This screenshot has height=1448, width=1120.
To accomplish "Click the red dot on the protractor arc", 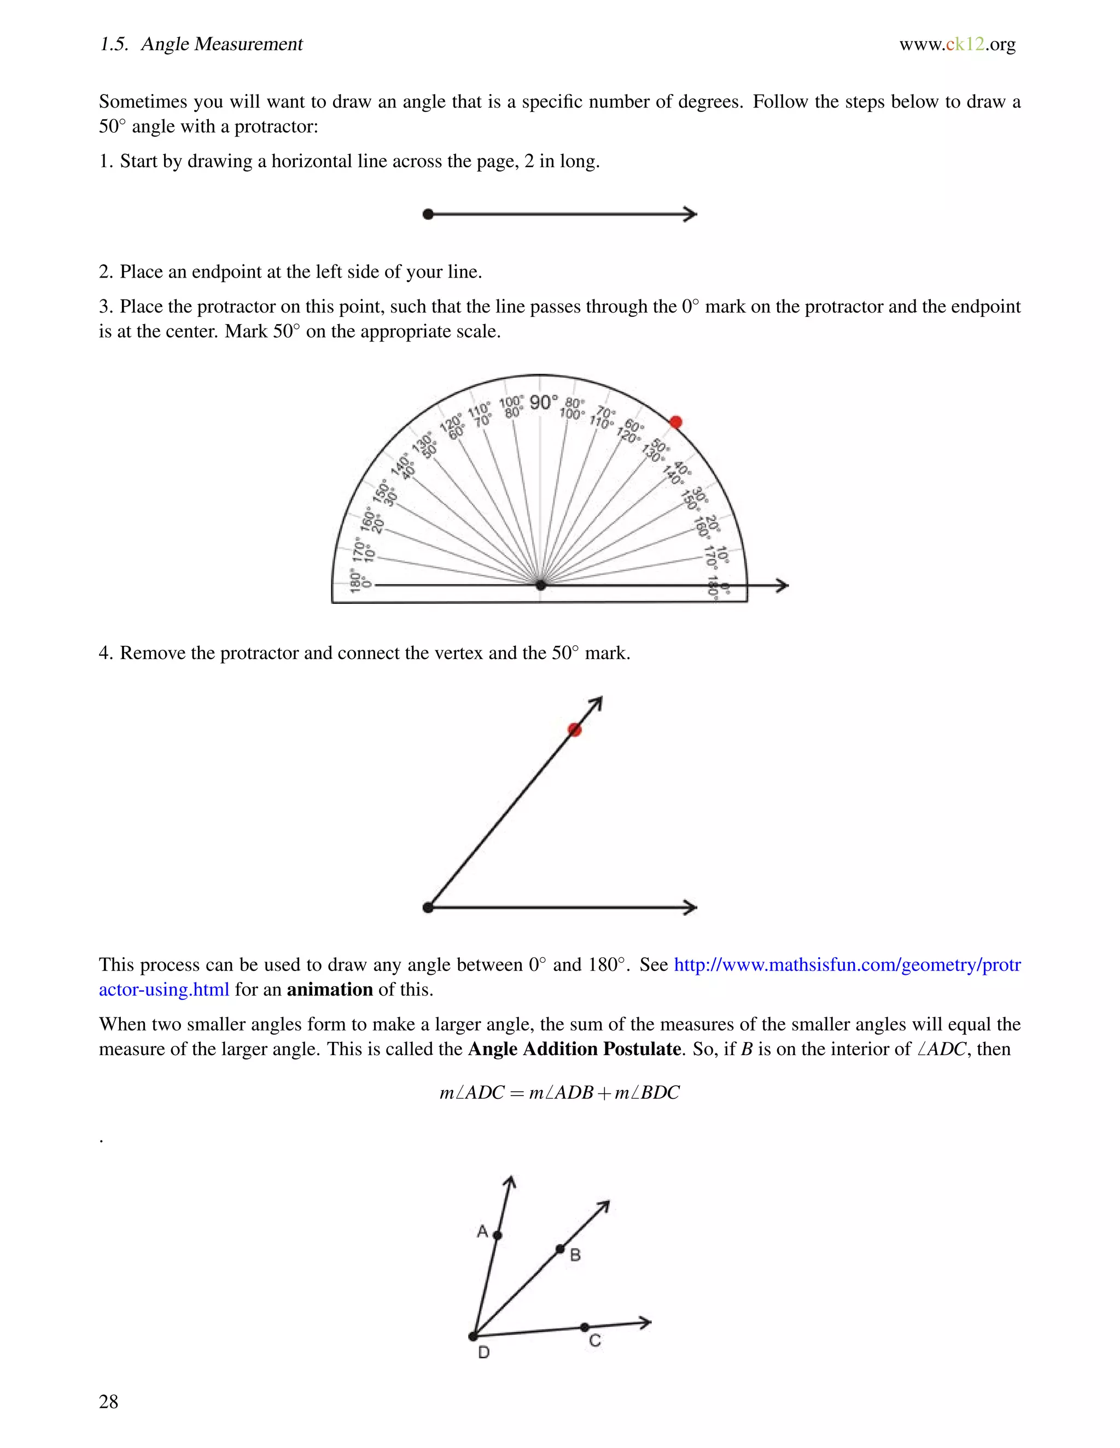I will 676,422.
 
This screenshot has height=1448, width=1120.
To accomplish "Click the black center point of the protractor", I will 541,585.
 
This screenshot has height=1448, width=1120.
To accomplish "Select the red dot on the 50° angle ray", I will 575,730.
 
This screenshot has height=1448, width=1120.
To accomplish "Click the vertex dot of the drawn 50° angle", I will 428,907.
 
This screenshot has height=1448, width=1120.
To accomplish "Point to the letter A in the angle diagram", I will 482,1231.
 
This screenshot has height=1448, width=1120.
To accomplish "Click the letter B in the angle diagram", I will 575,1255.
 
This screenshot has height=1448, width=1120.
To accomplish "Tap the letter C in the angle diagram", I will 594,1340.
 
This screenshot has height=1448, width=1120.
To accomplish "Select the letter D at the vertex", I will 483,1352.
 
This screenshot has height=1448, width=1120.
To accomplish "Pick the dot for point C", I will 584,1327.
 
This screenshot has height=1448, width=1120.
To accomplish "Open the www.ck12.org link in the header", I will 957,44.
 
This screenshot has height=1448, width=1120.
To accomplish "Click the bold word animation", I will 329,989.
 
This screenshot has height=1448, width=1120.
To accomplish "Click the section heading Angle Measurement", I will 221,44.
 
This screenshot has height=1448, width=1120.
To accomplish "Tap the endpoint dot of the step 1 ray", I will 428,214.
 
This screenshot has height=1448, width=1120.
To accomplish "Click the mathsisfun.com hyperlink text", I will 847,964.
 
